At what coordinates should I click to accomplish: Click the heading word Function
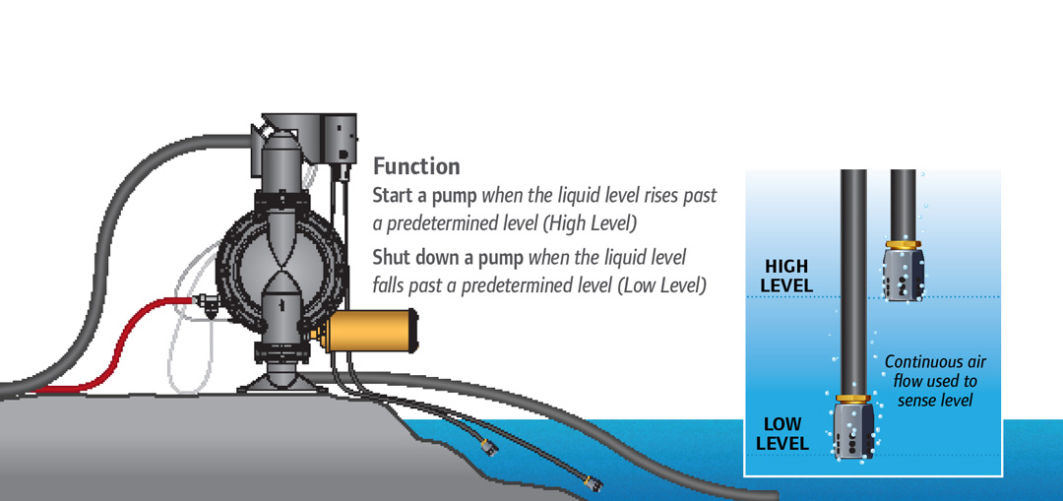tap(416, 166)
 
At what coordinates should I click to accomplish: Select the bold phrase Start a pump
tap(424, 196)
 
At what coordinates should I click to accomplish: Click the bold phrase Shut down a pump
tap(448, 258)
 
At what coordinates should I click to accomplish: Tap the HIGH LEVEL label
tap(786, 276)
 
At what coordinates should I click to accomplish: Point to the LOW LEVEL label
tap(783, 434)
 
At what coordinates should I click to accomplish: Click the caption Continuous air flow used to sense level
tap(936, 381)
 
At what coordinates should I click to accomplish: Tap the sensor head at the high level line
tap(903, 274)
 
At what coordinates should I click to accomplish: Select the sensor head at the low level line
tap(852, 431)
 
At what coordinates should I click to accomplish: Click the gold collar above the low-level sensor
tap(853, 399)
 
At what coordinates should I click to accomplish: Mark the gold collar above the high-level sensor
tap(903, 243)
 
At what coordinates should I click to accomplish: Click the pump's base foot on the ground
tap(278, 381)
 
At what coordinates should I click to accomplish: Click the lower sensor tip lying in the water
tap(594, 483)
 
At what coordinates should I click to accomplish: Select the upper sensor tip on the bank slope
tap(488, 448)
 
